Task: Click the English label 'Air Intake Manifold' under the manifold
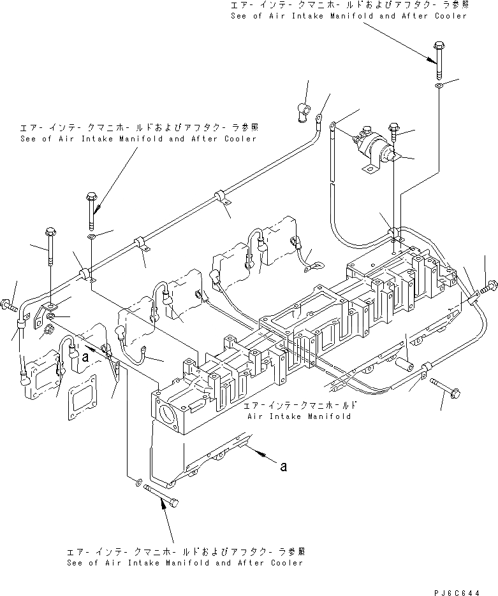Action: [x=298, y=416]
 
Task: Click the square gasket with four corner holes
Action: [x=81, y=402]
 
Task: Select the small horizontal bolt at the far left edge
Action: [x=9, y=304]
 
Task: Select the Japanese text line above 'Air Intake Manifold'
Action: [x=298, y=405]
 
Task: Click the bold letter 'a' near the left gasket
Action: [x=85, y=357]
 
